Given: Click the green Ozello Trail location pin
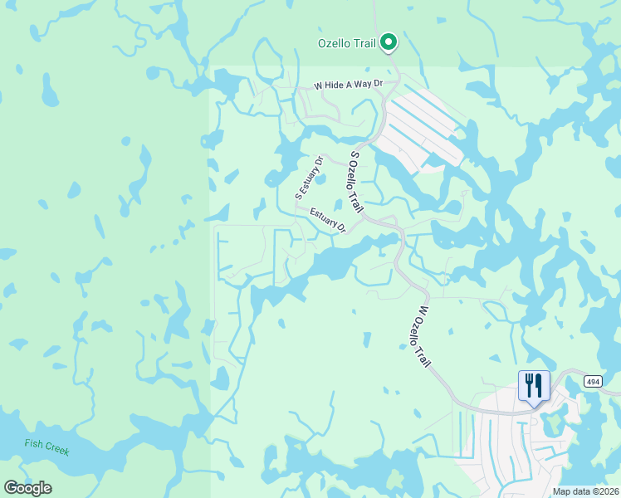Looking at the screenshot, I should coord(388,43).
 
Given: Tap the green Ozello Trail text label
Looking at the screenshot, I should coord(347,43).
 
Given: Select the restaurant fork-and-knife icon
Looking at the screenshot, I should coord(534,385).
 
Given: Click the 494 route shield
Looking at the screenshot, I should coord(592,382).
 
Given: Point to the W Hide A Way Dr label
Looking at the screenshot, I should coord(348,85).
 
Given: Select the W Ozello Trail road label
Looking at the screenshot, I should coord(423,336).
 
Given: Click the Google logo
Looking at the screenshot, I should coord(27,488).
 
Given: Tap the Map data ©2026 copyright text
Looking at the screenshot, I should coord(585,491).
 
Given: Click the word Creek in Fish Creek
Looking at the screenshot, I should coord(56,451).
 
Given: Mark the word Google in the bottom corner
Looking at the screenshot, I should coord(27,488).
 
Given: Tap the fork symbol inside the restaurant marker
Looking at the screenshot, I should coord(529,384).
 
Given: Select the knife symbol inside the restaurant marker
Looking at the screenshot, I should coord(539,384).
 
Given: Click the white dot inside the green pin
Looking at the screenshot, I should coord(388,41).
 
